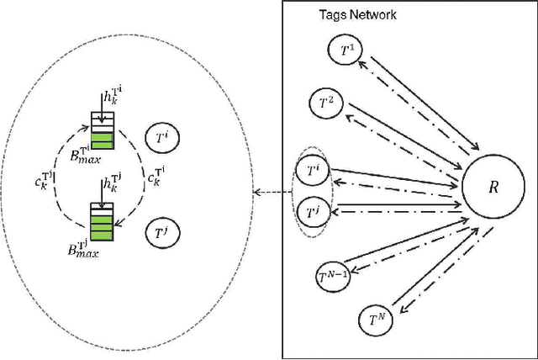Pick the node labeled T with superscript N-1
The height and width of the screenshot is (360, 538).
coord(335,273)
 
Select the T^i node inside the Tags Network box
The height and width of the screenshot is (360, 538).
coord(313,172)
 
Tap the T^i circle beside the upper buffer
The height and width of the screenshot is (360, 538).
coord(163,136)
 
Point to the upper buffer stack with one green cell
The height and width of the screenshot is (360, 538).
coord(102,130)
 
